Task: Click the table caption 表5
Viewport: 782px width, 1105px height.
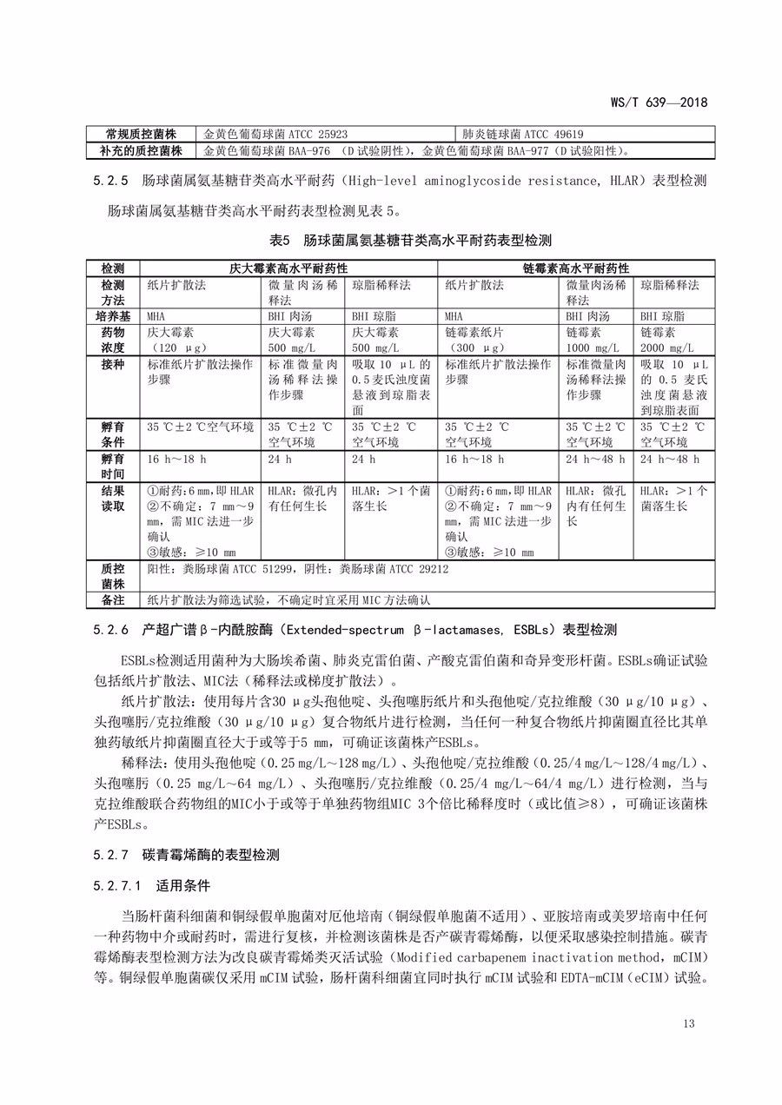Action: click(285, 239)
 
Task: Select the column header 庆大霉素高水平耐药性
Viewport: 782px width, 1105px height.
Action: click(288, 268)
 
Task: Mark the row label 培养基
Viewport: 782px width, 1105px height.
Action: click(113, 316)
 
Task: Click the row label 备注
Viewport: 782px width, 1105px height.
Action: click(113, 599)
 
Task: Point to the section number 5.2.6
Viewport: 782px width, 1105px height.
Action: click(109, 628)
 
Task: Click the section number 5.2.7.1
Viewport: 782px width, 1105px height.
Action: click(116, 887)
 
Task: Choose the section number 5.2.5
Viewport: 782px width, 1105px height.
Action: click(109, 182)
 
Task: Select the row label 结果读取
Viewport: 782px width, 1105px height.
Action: click(113, 499)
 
